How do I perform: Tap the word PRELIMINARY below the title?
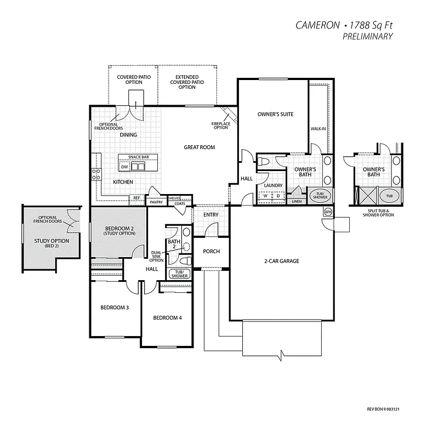(367, 36)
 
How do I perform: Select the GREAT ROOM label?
(199, 147)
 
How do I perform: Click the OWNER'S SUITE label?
(275, 114)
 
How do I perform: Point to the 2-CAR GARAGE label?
(282, 261)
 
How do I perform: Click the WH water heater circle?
(328, 212)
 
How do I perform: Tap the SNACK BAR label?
(139, 157)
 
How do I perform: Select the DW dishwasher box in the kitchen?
(124, 166)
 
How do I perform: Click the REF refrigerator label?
(136, 198)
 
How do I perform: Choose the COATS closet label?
(180, 203)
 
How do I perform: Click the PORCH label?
(211, 252)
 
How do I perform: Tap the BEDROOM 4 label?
(167, 318)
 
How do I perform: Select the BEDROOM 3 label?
(115, 308)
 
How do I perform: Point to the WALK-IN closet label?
(319, 128)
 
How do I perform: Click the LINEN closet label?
(297, 201)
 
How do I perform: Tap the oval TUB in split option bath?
(389, 196)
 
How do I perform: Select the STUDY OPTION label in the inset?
(52, 241)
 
